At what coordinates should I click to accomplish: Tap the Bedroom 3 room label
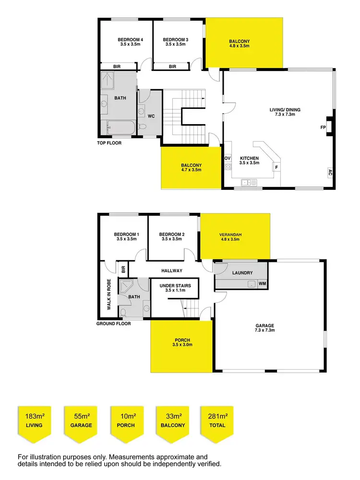coord(175,42)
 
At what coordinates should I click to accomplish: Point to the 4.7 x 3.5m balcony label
coord(191,167)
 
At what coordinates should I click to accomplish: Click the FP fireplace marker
coord(323,128)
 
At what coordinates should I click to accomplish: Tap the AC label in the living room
coord(330,173)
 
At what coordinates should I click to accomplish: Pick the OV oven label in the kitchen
coord(228,158)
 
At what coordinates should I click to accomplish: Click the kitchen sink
coord(250,182)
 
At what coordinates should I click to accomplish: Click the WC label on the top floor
coord(151,116)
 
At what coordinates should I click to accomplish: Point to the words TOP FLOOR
coord(109,143)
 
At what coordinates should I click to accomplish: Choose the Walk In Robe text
coord(109,293)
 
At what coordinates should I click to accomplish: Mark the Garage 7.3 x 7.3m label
coord(264,328)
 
